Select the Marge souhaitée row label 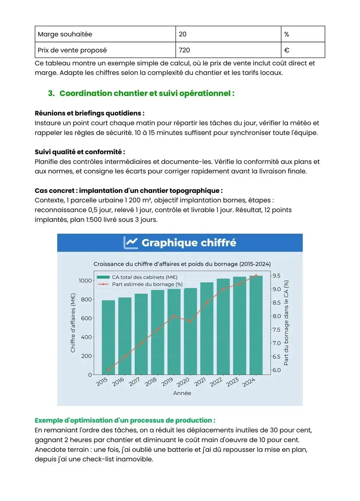pos(65,34)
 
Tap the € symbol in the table pos(286,50)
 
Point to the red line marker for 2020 pos(190,321)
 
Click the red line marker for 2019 pos(174,316)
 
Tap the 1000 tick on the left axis pos(85,280)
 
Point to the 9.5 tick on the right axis pos(277,275)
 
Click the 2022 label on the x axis pos(216,382)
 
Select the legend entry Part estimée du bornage pos(147,284)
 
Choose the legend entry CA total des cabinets pos(145,277)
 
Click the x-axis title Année pos(182,393)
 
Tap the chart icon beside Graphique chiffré pos(131,242)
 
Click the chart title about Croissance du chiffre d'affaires pos(182,264)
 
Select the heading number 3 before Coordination pos(51,93)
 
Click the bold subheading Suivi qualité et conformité pos(80,152)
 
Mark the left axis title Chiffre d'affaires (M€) pos(73,322)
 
